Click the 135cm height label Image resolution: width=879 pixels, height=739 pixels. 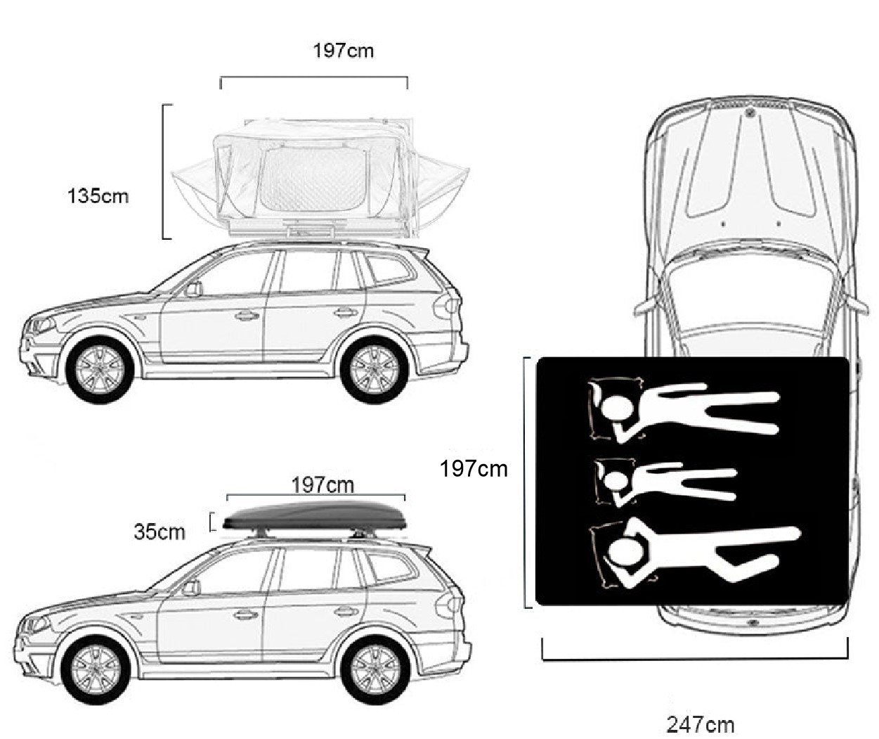coord(98,197)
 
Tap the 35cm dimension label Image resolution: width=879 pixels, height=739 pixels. coord(159,532)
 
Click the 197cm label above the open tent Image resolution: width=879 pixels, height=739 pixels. coord(343,51)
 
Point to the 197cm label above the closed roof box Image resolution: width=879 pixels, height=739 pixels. coord(323,485)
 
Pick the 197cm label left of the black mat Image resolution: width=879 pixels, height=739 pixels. coord(474,468)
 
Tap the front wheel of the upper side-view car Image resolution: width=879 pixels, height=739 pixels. coord(100,370)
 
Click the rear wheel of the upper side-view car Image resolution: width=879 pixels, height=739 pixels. coord(375,370)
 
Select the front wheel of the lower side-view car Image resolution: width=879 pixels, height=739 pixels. coord(97,670)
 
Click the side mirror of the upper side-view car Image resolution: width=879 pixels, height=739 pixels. coord(194,289)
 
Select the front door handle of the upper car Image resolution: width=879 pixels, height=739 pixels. coord(247,315)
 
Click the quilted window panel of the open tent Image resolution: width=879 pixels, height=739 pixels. coord(313,179)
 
